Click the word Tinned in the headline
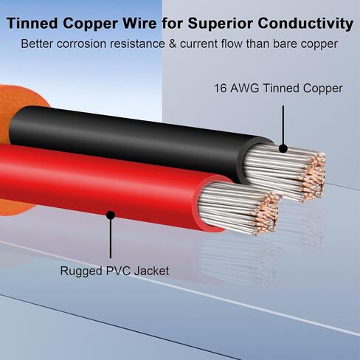click(x=32, y=24)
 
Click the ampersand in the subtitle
click(x=172, y=44)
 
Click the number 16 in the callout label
click(x=221, y=89)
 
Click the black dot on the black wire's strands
click(x=283, y=148)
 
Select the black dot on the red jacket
click(x=111, y=215)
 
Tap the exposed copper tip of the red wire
click(x=266, y=213)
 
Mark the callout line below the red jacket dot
click(x=111, y=238)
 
